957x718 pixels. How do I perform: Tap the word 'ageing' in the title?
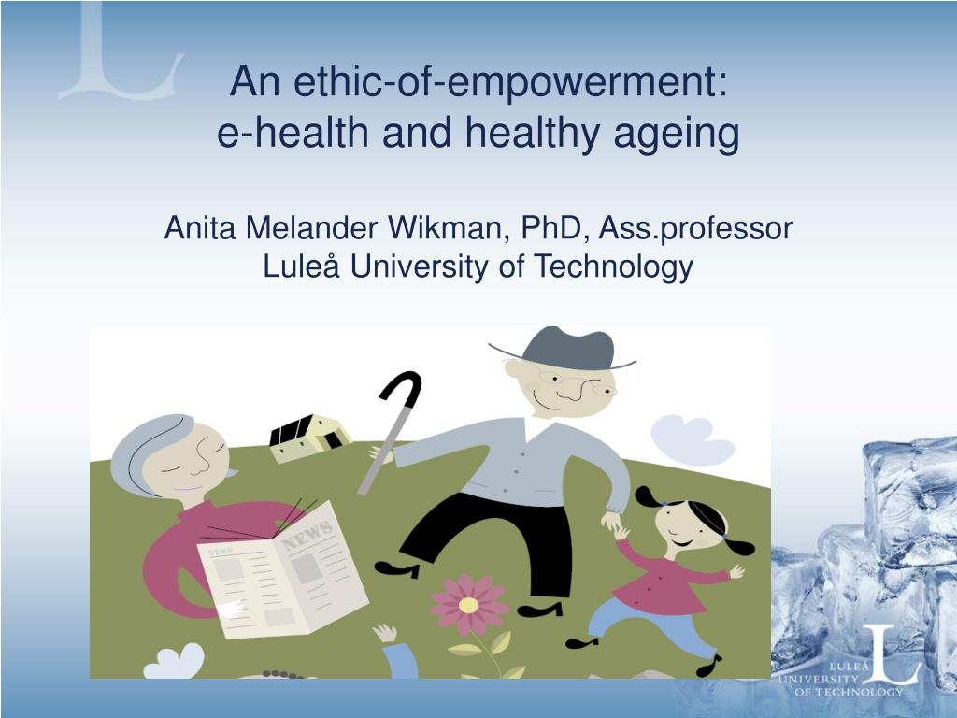677,133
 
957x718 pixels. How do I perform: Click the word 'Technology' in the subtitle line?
613,266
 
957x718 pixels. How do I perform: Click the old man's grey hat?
564,349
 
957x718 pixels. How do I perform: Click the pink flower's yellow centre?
469,605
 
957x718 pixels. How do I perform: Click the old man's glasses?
577,382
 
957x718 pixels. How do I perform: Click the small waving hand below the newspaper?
385,633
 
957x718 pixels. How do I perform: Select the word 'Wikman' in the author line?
449,228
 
